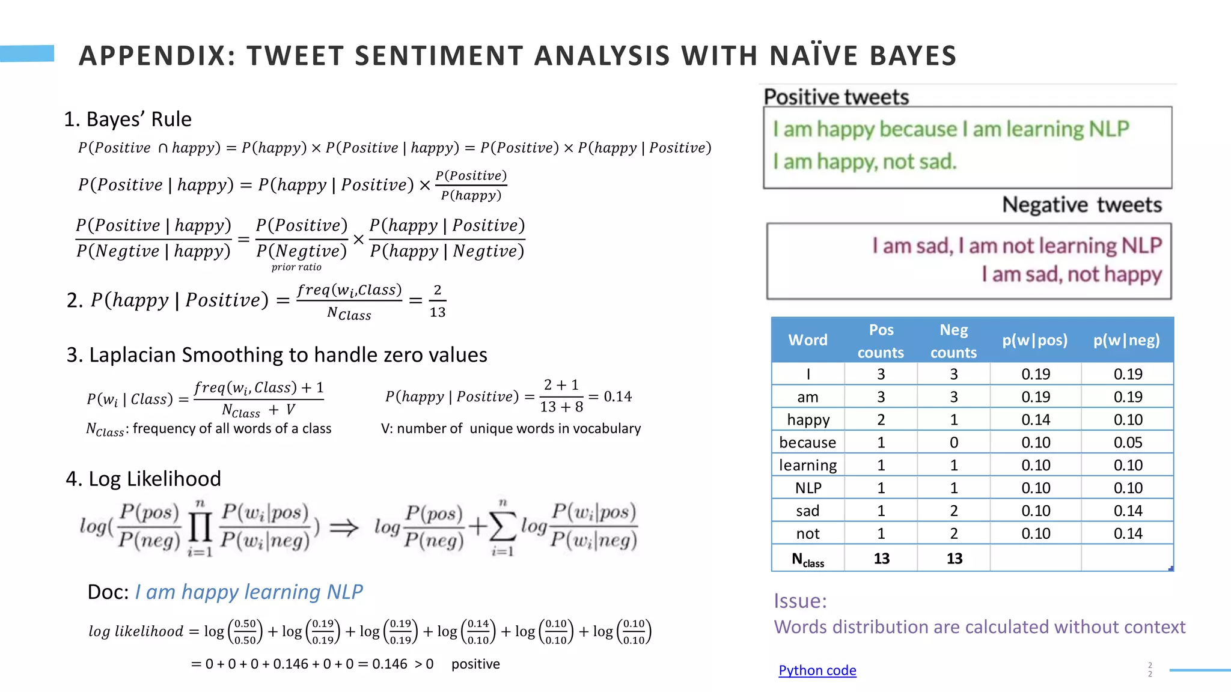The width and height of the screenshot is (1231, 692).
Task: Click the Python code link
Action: pyautogui.click(x=817, y=670)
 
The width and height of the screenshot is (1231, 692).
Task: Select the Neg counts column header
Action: pyautogui.click(x=953, y=341)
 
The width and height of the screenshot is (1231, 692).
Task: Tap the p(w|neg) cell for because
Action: pyautogui.click(x=1127, y=443)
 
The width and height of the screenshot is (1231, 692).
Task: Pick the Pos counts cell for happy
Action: pyautogui.click(x=881, y=420)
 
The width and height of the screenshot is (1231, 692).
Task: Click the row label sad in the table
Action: pyautogui.click(x=807, y=511)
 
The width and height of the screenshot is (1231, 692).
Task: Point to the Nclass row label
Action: pyautogui.click(x=807, y=559)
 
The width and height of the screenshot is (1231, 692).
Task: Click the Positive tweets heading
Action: pyautogui.click(x=836, y=97)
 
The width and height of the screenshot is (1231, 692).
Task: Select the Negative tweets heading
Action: pyautogui.click(x=1081, y=205)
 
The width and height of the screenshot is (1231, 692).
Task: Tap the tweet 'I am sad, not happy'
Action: pyautogui.click(x=1071, y=275)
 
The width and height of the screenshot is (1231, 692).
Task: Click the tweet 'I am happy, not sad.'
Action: pyautogui.click(x=864, y=162)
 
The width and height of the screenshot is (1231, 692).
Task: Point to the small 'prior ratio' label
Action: pyautogui.click(x=296, y=267)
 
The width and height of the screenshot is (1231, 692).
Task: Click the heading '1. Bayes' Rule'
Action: pyautogui.click(x=127, y=119)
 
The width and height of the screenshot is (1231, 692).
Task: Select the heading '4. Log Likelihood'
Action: pyautogui.click(x=143, y=479)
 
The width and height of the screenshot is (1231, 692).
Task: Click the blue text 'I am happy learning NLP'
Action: pyautogui.click(x=249, y=592)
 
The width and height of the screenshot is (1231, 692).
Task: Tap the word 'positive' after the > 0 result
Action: pyautogui.click(x=475, y=664)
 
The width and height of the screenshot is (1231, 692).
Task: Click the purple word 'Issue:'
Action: pyautogui.click(x=800, y=601)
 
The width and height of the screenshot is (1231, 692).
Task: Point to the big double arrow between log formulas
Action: pyautogui.click(x=344, y=528)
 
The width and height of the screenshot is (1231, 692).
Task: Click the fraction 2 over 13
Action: pyautogui.click(x=438, y=301)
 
